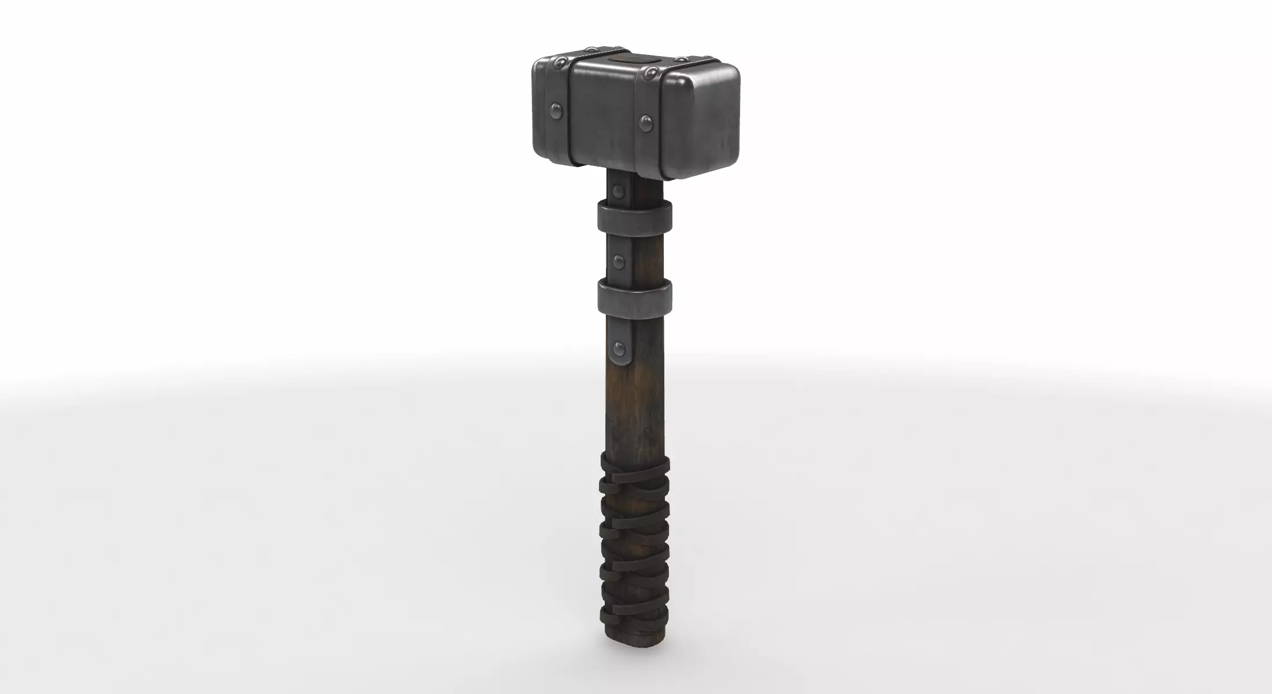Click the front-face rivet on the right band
coord(646,122)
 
